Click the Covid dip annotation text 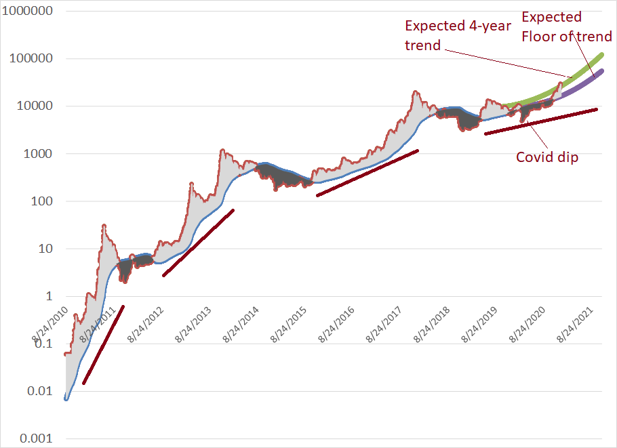(546, 157)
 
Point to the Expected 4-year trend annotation (457, 35)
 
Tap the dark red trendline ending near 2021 (542, 121)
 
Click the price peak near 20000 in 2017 (414, 91)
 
